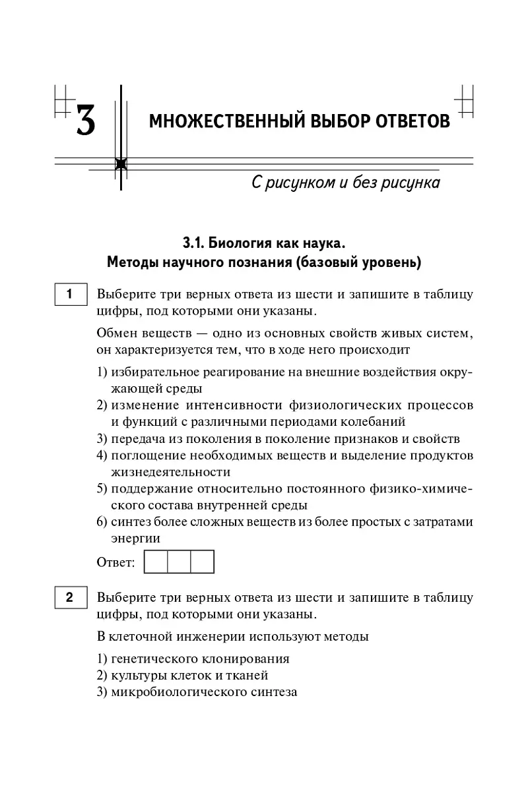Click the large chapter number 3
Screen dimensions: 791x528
click(85, 121)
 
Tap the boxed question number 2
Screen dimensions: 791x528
click(69, 598)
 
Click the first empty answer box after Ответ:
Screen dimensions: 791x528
click(156, 562)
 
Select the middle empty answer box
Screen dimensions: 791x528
click(179, 562)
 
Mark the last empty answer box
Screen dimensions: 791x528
click(203, 562)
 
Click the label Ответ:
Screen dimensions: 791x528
click(115, 563)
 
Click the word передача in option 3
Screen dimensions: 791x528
click(137, 438)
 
